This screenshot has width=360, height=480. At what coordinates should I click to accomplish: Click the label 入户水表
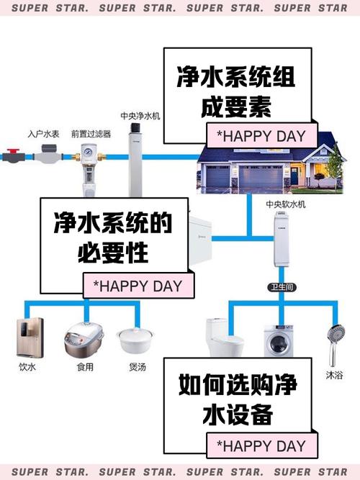pos(42,134)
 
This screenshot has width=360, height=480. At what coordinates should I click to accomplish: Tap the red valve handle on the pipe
pos(12,153)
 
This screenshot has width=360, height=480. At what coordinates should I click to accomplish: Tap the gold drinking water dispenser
pos(28,337)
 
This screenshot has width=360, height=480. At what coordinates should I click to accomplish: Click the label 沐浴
pos(333,375)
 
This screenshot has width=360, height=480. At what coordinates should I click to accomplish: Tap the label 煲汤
pos(136,366)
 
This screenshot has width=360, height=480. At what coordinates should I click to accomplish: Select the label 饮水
pos(27,366)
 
